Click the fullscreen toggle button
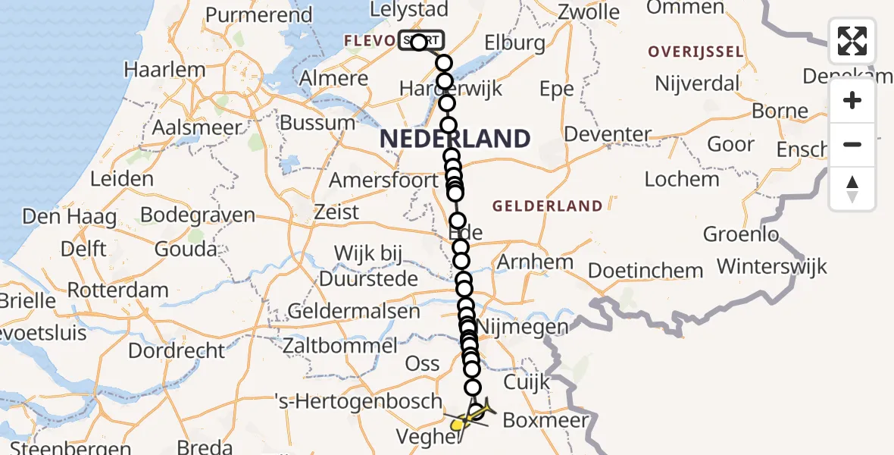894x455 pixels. [x=852, y=41]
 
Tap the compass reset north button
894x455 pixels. [x=852, y=188]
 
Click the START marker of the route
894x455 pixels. [x=421, y=41]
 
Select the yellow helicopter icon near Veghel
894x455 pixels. [x=459, y=425]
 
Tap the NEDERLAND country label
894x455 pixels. [x=455, y=139]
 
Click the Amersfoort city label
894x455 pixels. [x=383, y=181]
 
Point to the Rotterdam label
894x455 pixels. [x=117, y=290]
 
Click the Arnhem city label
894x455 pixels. [x=535, y=262]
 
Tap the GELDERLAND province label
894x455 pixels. [x=548, y=206]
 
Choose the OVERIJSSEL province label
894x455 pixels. [x=696, y=52]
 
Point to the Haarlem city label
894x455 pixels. [x=164, y=70]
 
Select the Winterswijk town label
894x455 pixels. [x=772, y=267]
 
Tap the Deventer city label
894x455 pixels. [x=608, y=135]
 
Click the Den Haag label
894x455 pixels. [x=70, y=218]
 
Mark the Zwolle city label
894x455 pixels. [x=588, y=12]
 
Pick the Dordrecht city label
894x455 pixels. [x=177, y=351]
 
